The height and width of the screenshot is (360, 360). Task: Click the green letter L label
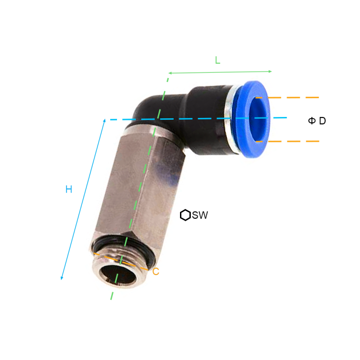pos(217,60)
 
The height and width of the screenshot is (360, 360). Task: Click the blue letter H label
pos(69,189)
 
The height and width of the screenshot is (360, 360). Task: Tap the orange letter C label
pos(156,272)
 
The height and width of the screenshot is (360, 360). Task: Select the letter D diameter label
pos(322,121)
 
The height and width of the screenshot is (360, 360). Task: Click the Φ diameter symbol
pos(312,121)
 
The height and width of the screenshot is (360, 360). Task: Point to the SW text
pos(200,216)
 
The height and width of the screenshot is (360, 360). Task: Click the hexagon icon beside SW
pos(185,215)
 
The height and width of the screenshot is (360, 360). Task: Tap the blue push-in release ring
pos(254,119)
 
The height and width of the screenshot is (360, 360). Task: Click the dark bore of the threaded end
pos(118,275)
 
